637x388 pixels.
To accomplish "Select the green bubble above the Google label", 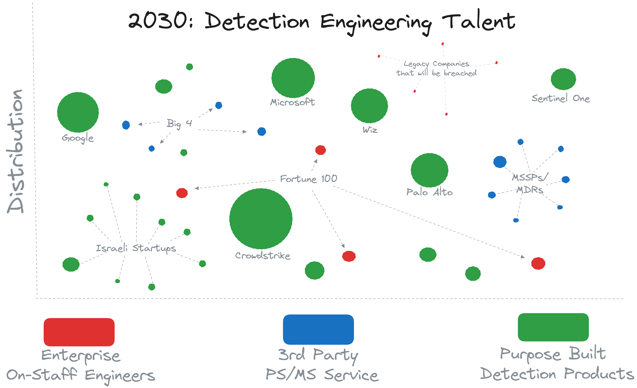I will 78,112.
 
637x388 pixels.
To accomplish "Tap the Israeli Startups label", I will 136,248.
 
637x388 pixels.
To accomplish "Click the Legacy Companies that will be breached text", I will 436,68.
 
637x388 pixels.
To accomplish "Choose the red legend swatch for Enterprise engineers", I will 79,332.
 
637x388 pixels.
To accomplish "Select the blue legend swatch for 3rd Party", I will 318,329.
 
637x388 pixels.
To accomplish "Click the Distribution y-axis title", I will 15,151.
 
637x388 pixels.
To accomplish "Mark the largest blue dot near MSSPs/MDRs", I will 500,162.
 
